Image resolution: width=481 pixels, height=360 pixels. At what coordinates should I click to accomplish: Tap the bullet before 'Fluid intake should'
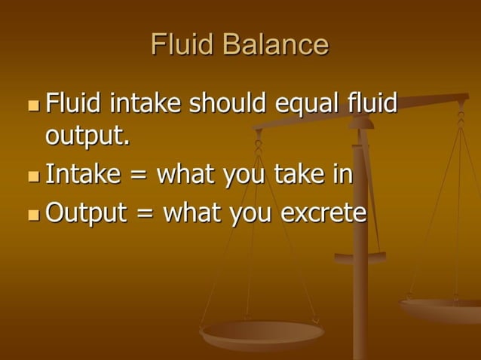pyautogui.click(x=32, y=103)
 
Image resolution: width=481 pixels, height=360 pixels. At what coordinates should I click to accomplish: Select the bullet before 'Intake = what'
pyautogui.click(x=32, y=176)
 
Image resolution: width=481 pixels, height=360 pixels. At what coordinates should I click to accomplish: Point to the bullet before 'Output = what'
pyautogui.click(x=32, y=215)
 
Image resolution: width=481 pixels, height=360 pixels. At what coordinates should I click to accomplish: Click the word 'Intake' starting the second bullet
pyautogui.click(x=83, y=174)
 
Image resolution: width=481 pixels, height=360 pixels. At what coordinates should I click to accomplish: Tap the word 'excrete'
pyautogui.click(x=323, y=213)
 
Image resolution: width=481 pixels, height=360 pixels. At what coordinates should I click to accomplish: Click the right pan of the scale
pyautogui.click(x=441, y=308)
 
